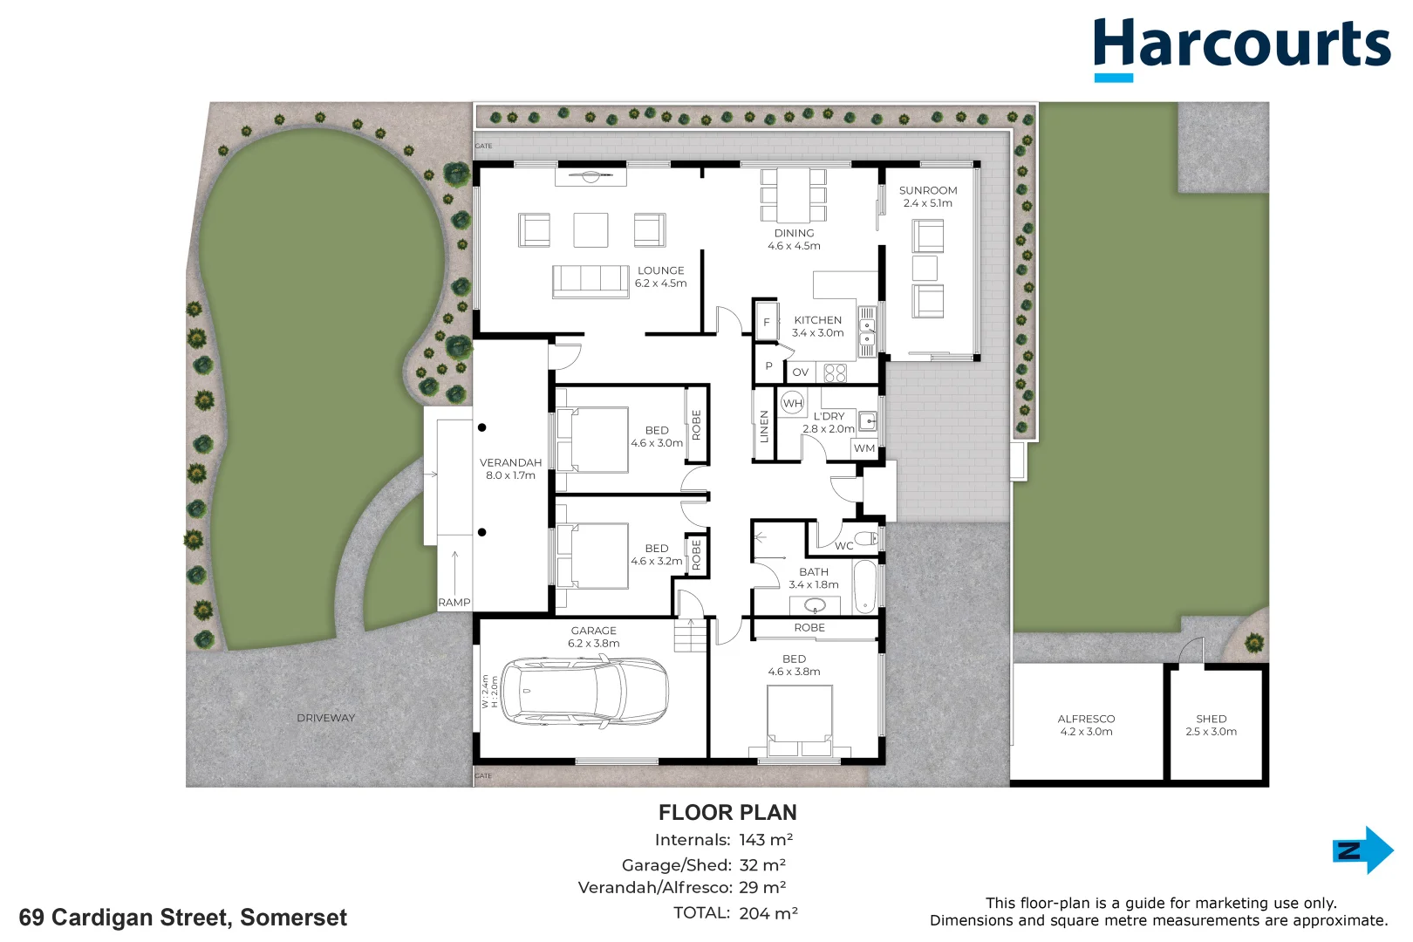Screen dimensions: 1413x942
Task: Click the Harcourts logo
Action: tap(1241, 49)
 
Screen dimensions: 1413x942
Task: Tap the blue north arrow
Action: tap(1362, 850)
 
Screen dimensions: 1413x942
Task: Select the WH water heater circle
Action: tap(792, 403)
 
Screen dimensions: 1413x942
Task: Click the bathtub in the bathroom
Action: tap(865, 586)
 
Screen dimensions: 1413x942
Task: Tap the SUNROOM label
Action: tap(928, 190)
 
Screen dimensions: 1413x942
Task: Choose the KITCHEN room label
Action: tap(817, 320)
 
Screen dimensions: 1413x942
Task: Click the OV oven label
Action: tap(800, 372)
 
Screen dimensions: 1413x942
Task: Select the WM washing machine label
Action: tap(864, 448)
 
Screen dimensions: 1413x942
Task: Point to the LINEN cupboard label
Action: tap(764, 427)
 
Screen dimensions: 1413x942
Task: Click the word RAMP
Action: tap(454, 603)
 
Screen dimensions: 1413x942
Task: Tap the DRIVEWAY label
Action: tap(325, 717)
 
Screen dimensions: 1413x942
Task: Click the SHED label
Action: tap(1212, 719)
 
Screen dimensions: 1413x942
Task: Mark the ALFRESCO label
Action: tap(1086, 719)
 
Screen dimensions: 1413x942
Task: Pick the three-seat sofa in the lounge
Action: tap(591, 282)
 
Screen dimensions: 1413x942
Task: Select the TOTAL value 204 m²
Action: tap(768, 912)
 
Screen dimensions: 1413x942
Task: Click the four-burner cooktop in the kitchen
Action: tap(836, 373)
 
